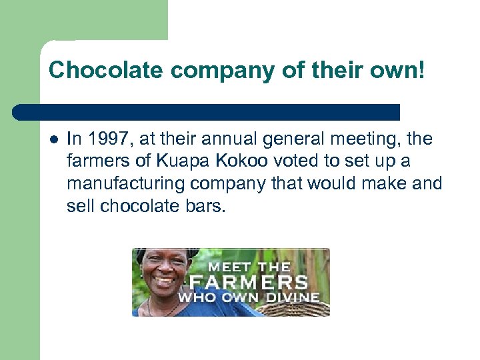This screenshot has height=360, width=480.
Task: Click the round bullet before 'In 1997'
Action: (53, 139)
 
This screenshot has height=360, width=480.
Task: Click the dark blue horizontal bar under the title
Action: (207, 111)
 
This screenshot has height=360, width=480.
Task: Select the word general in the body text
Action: (286, 139)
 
